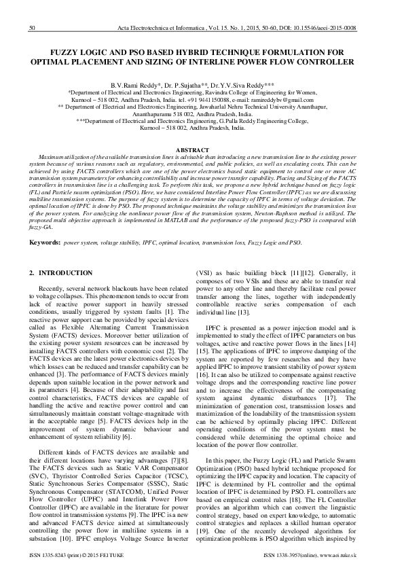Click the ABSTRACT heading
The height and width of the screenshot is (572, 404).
[x=202, y=149]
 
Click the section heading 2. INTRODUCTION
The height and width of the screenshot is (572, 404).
[x=61, y=272]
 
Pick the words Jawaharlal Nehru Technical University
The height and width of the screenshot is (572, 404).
[x=240, y=107]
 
